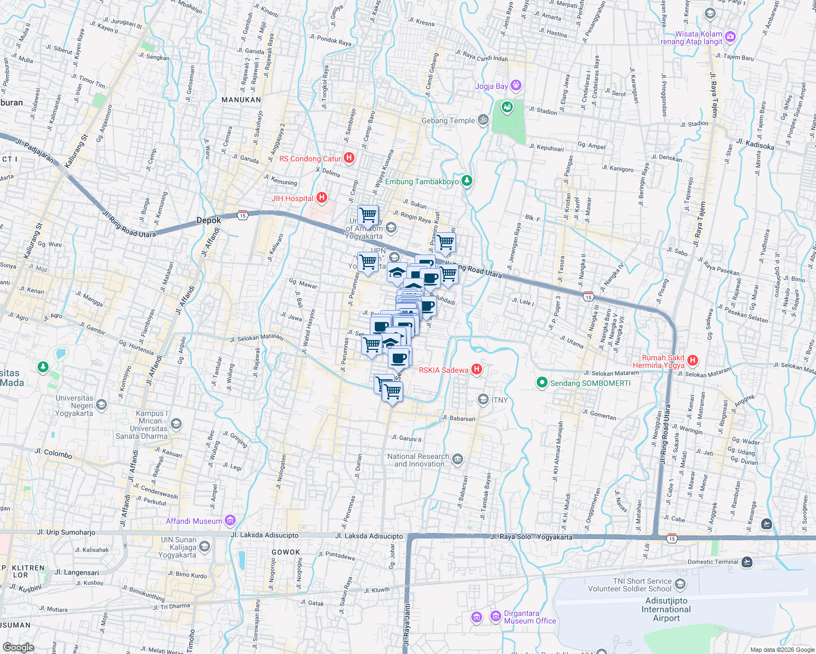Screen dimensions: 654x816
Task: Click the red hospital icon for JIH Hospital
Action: point(322,198)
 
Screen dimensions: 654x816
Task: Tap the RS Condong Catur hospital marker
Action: point(349,158)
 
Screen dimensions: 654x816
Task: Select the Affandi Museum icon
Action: point(230,521)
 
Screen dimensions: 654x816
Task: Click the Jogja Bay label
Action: point(491,86)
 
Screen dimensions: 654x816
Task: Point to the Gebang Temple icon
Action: point(483,120)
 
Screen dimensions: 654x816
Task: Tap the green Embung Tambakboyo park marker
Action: point(466,181)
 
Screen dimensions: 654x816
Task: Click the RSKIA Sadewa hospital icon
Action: point(476,370)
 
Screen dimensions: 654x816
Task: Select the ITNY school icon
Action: point(483,399)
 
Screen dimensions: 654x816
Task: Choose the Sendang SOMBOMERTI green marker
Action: point(542,383)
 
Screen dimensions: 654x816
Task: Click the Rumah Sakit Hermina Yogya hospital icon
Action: point(693,360)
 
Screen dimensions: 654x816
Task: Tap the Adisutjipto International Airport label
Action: point(666,609)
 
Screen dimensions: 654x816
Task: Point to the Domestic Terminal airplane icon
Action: point(746,562)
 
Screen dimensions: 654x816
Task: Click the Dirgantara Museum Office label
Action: point(530,617)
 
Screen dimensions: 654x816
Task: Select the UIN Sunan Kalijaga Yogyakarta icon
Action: point(205,547)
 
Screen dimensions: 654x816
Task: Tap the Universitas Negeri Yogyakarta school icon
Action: point(101,404)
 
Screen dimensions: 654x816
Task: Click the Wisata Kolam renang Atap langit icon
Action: point(730,37)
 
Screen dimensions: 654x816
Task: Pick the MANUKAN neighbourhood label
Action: point(241,100)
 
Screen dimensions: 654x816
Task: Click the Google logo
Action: point(18,647)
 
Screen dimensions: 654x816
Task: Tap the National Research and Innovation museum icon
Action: point(457,459)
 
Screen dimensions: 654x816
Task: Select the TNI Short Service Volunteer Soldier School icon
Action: point(680,584)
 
